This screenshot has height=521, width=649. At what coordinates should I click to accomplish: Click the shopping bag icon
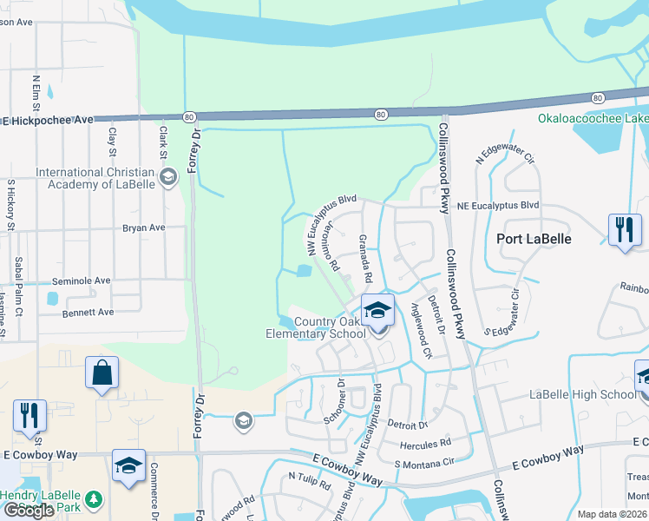pos(102,373)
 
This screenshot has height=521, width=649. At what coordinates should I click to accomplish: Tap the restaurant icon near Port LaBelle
pos(624,231)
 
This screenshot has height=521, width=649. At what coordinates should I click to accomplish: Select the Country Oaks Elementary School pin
pos(378,312)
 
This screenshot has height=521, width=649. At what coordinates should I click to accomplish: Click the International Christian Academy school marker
pos(168,179)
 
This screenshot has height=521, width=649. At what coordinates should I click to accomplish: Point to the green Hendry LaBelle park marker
pos(95,501)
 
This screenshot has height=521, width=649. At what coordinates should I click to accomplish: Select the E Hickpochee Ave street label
pos(47,120)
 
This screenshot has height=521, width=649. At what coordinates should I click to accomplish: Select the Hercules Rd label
pos(425,443)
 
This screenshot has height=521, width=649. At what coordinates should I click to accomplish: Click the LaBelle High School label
pos(583,395)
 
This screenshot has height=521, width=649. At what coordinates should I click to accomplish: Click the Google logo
pos(29,510)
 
